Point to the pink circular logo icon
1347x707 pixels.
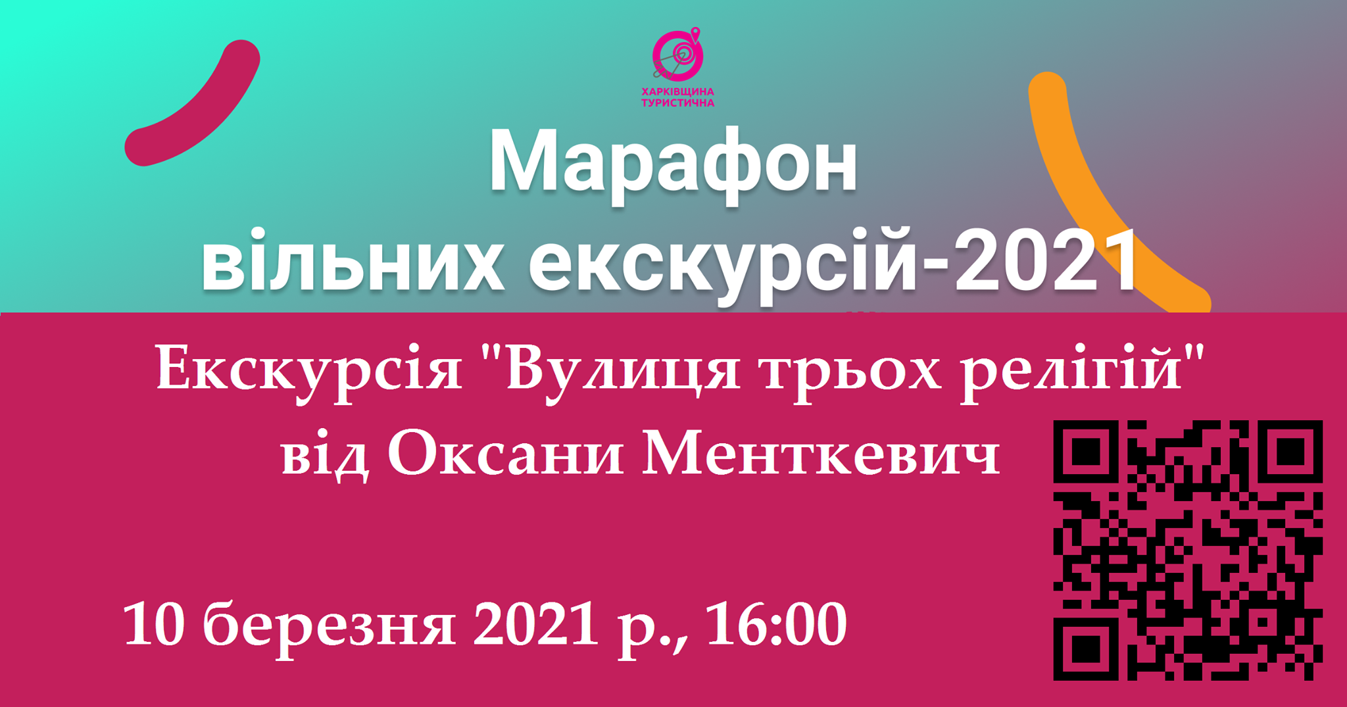[x=678, y=56]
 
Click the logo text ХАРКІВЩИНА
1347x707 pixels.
[x=677, y=91]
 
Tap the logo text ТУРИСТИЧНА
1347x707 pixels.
[x=677, y=103]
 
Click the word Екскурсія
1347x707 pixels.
[x=309, y=370]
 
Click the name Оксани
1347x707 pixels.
[x=505, y=455]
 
